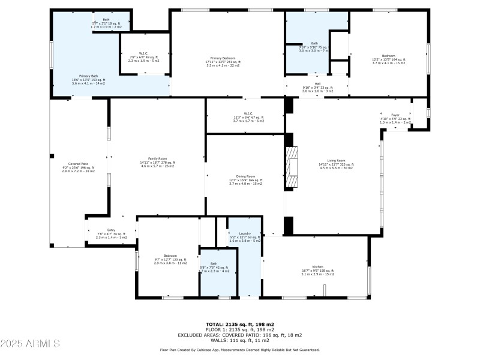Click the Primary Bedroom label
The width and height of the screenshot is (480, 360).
223,58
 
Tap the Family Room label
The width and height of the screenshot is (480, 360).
157,158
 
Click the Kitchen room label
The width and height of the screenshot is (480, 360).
318,266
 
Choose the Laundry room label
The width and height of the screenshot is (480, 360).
244,233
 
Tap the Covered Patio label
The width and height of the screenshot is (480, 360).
79,164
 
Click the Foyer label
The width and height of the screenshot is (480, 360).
395,115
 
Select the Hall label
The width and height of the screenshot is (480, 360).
317,84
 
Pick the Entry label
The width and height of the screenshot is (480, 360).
111,230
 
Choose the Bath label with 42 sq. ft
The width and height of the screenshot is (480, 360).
214,263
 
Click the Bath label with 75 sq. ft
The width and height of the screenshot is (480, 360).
314,43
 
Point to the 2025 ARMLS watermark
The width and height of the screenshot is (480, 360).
30,344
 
